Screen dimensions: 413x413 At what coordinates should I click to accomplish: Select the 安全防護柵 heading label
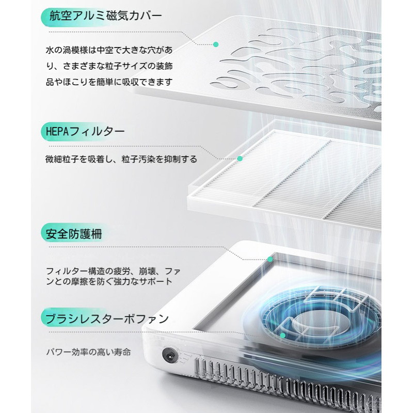tap(72, 233)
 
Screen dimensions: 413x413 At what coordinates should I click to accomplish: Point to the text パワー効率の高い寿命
tap(88, 353)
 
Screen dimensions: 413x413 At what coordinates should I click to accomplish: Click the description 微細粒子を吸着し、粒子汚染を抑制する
tap(121, 160)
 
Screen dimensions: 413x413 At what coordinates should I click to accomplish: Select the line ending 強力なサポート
tap(108, 282)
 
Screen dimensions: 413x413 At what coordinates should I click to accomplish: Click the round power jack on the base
tap(168, 355)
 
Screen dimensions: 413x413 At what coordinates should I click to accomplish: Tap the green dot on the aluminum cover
tap(216, 44)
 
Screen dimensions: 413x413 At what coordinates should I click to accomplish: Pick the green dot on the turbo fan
tap(283, 336)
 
